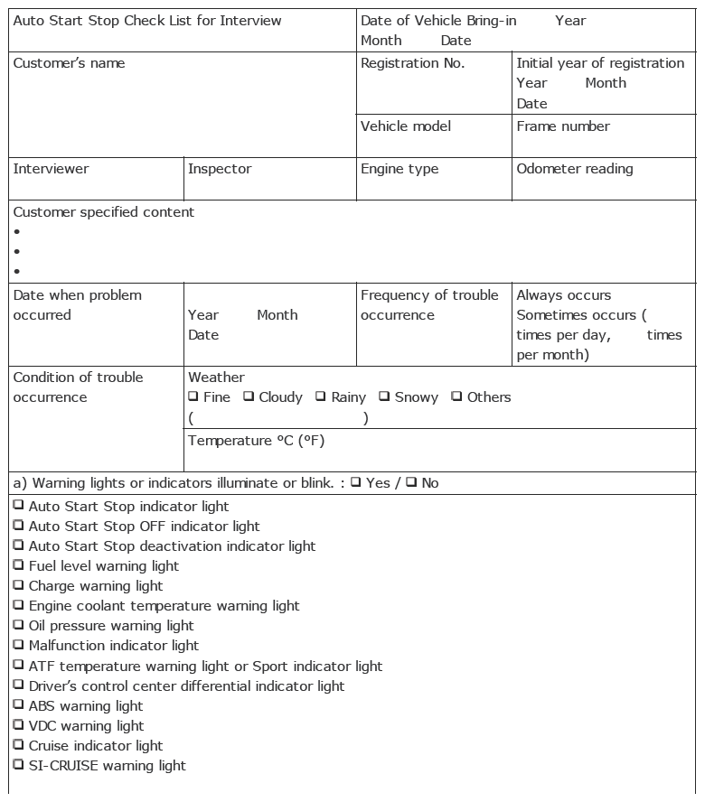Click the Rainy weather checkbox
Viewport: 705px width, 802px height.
tap(321, 396)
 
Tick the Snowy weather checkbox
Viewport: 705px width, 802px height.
tap(384, 396)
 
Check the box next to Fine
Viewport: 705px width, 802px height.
tap(193, 396)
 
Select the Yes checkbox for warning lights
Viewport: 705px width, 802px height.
tap(356, 482)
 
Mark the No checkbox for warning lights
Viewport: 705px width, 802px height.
tap(411, 482)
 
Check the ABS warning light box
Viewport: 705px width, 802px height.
tap(18, 705)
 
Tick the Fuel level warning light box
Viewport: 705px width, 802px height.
tap(18, 565)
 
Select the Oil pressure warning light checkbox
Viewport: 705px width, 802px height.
tap(18, 625)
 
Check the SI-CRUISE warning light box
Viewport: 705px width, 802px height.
tap(18, 765)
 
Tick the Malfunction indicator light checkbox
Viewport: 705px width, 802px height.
tap(18, 645)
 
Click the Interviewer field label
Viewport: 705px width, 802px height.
tap(51, 169)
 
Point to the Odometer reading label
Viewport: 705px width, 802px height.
tap(574, 169)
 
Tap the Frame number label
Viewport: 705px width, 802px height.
tap(562, 126)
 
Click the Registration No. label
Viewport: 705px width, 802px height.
tap(412, 63)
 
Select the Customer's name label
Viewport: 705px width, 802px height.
tap(69, 63)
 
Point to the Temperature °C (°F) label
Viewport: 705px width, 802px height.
tap(256, 441)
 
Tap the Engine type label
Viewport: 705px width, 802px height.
tap(399, 169)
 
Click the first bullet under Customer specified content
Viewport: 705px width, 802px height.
tap(17, 232)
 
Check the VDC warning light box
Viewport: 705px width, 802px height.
tap(18, 725)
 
